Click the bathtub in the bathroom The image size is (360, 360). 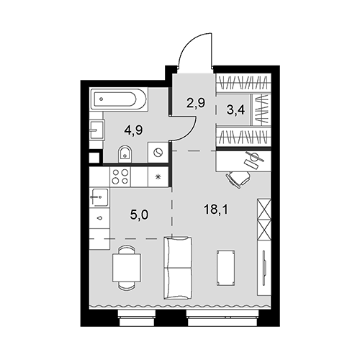[119, 99]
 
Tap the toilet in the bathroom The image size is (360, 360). [125, 154]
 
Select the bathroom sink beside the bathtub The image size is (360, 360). [96, 130]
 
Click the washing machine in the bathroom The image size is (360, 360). [158, 152]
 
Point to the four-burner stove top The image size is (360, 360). [120, 176]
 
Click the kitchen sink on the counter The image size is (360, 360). [99, 197]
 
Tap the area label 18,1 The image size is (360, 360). [216, 210]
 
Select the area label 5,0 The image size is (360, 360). [139, 215]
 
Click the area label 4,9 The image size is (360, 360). [133, 130]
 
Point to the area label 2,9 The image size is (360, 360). [196, 103]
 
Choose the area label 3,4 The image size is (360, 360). [235, 109]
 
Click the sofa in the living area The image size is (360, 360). [178, 268]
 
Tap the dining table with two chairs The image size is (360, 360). [127, 268]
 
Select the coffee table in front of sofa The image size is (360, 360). [225, 268]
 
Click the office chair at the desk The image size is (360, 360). [238, 179]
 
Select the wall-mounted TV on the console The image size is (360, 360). [264, 268]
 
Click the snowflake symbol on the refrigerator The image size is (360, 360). [158, 177]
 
